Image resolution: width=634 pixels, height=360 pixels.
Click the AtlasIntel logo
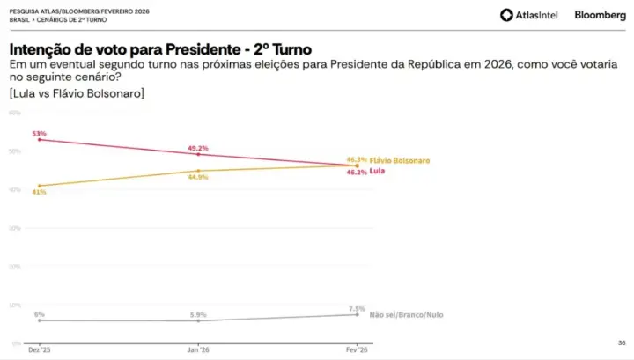click(528, 15)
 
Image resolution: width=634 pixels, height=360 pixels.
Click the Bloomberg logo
click(601, 15)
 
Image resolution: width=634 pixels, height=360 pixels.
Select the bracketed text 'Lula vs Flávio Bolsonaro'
click(77, 92)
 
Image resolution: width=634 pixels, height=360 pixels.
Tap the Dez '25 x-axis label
click(39, 350)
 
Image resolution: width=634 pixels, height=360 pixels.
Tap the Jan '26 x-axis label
click(198, 350)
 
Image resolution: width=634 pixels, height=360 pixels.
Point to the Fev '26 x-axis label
click(357, 350)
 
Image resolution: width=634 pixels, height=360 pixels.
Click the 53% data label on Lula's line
click(39, 133)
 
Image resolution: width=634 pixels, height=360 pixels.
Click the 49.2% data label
click(198, 148)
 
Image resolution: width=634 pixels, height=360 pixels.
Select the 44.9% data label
click(198, 177)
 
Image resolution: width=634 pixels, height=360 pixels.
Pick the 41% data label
click(39, 192)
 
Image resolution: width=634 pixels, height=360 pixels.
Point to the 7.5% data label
click(357, 308)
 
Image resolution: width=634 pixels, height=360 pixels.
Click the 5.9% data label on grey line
click(198, 314)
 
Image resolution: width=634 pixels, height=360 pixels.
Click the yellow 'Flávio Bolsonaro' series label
click(400, 160)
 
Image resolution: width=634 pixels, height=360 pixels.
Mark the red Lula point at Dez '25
click(39, 140)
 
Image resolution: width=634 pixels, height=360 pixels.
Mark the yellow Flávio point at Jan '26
click(198, 171)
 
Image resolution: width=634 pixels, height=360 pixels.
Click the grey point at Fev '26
click(357, 314)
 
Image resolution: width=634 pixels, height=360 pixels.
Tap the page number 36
click(621, 342)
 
